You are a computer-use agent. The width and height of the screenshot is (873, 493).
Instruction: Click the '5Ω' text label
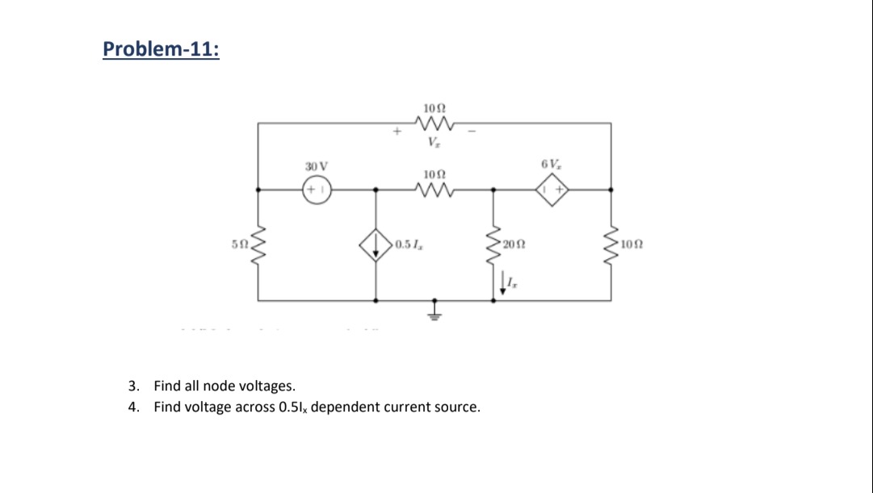click(237, 244)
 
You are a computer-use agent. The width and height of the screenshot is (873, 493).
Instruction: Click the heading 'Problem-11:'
click(161, 49)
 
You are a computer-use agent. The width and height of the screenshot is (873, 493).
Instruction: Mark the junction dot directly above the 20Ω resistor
click(493, 190)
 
